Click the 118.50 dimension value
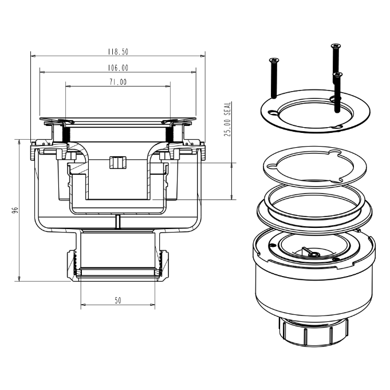coord(118,52)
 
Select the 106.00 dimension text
coord(118,68)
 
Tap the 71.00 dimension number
coord(118,82)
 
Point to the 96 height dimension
coord(15,210)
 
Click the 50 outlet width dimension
coord(118,301)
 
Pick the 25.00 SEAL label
coord(227,119)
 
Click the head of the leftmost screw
coord(274,60)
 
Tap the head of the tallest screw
coord(336,46)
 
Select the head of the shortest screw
coord(337,74)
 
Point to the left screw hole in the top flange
coord(274,113)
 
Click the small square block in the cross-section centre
coord(118,163)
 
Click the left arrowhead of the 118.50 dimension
coord(33,56)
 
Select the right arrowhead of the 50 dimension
coord(152,305)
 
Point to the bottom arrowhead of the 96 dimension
coord(19,278)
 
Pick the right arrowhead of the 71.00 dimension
coord(168,86)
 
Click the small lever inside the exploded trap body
coord(310,252)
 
